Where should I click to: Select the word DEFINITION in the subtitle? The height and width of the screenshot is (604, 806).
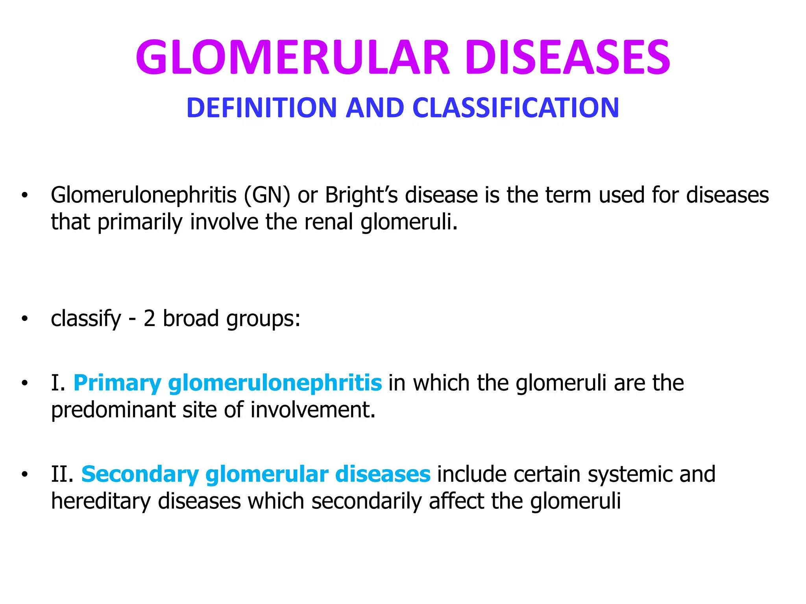coord(262,108)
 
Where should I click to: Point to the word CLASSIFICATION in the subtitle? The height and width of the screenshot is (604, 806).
coord(516,108)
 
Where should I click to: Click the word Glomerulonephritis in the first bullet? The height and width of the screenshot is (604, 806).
coord(144,195)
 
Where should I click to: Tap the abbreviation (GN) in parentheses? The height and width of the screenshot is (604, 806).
coord(267,195)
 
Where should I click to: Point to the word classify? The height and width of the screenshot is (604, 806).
coord(86,319)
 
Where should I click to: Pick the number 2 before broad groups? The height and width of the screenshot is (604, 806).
coord(149,319)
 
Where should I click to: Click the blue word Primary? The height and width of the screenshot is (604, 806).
coord(117,383)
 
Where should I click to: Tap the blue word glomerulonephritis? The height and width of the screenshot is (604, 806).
coord(275,383)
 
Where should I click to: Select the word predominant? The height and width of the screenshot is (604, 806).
coord(113,410)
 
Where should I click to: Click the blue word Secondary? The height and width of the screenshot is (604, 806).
coord(140,474)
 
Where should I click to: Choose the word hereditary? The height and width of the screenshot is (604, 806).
coord(101,501)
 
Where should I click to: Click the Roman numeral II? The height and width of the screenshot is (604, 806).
coord(62,474)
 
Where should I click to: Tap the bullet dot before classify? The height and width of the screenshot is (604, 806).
coord(25,319)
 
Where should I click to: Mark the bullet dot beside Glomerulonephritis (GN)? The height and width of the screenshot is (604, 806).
coord(25,195)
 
